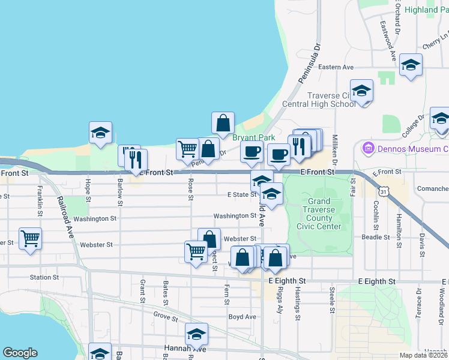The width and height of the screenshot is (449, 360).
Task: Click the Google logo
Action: click(20, 353)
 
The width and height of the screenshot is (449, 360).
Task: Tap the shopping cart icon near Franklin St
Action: click(30, 238)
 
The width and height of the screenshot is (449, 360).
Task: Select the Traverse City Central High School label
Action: click(332, 100)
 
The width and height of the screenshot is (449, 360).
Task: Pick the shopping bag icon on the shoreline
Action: click(223, 122)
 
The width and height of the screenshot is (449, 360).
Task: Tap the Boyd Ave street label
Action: click(242, 317)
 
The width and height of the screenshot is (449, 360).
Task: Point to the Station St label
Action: click(44, 277)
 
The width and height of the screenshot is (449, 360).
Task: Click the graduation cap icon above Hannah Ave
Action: click(196, 334)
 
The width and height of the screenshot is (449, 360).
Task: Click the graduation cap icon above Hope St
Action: click(100, 133)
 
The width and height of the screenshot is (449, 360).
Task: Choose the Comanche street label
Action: click(432, 188)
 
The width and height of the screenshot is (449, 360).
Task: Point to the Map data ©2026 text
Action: click(424, 355)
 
